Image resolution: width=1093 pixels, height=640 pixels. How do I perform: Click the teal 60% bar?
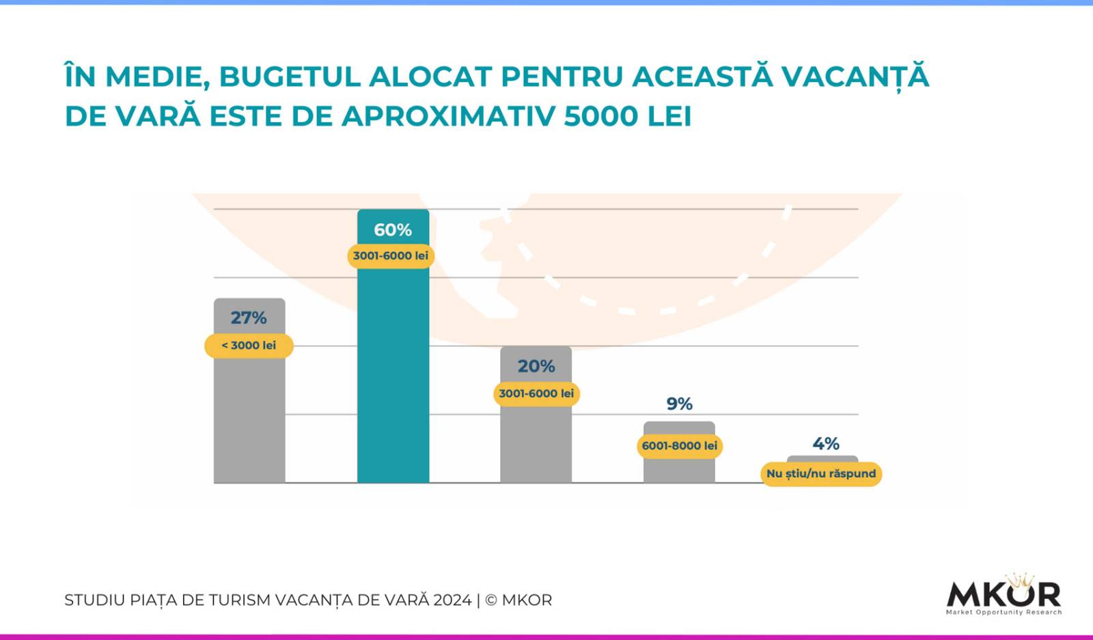pos(393,376)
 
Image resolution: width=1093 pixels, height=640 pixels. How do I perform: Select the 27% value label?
pos(249,318)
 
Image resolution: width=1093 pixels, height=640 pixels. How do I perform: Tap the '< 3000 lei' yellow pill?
pos(249,346)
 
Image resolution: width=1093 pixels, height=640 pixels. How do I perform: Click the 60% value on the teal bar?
pos(393,230)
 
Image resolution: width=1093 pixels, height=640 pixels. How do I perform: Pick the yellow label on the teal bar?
pos(391,256)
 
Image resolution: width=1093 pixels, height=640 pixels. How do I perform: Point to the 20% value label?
pos(536,366)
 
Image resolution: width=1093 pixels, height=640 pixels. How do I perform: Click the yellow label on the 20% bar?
pos(536,393)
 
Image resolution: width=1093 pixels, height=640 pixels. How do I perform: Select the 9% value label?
pos(680,404)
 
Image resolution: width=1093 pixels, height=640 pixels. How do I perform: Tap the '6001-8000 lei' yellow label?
pos(680,446)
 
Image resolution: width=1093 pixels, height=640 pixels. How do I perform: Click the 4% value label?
pos(826,444)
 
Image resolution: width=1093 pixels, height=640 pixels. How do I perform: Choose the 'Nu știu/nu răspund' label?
pos(821,473)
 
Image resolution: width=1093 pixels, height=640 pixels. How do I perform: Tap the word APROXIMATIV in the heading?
pos(449,116)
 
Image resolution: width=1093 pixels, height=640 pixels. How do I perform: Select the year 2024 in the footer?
pos(452,600)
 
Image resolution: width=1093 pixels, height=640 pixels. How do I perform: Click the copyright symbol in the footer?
pos(490,600)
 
